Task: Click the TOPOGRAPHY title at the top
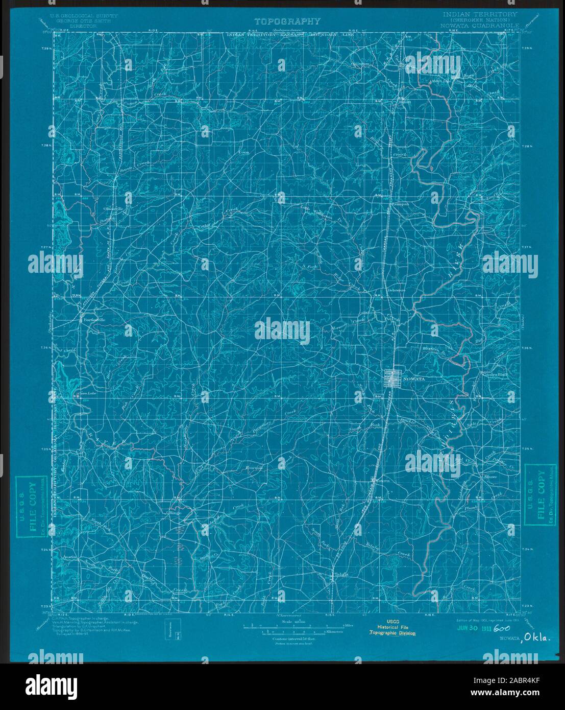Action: [288, 21]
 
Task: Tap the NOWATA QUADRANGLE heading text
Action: [483, 25]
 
